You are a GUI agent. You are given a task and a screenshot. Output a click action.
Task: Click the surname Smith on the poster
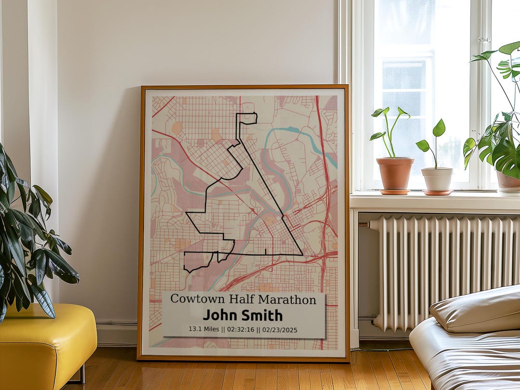pyautogui.click(x=263, y=315)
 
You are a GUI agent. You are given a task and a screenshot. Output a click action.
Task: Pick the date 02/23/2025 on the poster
pyautogui.click(x=281, y=330)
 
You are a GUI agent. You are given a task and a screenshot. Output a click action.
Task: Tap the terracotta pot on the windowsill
pyautogui.click(x=395, y=173)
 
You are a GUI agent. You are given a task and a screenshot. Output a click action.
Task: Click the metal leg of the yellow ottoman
pyautogui.click(x=83, y=374)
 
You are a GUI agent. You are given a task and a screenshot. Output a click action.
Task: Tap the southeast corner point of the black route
pyautogui.click(x=302, y=254)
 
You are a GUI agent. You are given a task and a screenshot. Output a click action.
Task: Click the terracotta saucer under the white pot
pyautogui.click(x=437, y=193)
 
